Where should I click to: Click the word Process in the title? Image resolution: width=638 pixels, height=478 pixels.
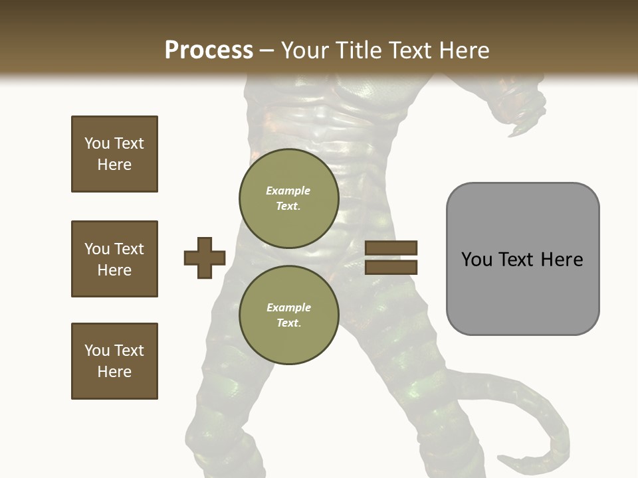coord(209,50)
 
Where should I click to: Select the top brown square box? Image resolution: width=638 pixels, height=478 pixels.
coord(114,154)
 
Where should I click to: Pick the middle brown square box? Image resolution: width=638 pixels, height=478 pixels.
coord(114,259)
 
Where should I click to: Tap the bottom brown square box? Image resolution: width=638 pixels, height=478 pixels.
coord(114,361)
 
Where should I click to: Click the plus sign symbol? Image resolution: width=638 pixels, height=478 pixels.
coord(205,258)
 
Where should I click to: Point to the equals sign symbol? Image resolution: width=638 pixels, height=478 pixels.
coord(391,258)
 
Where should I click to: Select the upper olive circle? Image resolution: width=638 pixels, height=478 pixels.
coord(288,198)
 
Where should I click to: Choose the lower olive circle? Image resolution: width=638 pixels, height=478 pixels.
coord(288,315)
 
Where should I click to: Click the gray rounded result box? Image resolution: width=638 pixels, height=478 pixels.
coord(522,259)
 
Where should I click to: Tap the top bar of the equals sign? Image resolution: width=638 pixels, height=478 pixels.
coord(391,248)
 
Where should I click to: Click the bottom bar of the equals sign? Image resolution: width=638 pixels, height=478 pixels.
coord(391,267)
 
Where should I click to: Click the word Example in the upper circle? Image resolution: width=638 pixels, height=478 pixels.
coord(288,191)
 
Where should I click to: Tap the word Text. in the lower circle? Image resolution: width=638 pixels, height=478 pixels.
coord(288,323)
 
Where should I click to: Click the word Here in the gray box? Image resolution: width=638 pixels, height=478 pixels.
coord(562,260)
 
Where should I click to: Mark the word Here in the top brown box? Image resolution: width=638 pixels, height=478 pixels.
coord(114,165)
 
